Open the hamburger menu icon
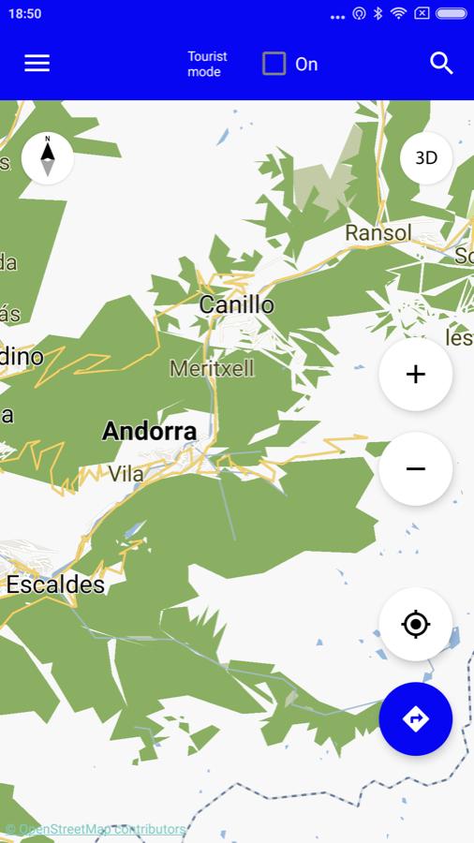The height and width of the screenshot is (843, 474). pos(37,63)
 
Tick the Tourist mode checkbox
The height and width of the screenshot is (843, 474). pos(274,64)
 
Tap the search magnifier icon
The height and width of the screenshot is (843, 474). pos(441,63)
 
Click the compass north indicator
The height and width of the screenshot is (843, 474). pos(47,157)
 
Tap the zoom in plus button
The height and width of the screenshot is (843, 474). pos(415,375)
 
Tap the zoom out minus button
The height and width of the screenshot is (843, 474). pos(415,468)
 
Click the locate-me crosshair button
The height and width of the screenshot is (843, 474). pos(415,624)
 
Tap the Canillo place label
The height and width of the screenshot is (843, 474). pos(236,304)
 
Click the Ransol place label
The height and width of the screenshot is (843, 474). pos(378,232)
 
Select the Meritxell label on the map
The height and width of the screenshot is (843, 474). pos(212,368)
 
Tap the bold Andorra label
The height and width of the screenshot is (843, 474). pos(149,432)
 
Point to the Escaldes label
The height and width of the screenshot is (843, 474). pos(55,585)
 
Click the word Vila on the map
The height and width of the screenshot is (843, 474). pos(126,474)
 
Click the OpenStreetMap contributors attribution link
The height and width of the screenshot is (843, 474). pos(96,829)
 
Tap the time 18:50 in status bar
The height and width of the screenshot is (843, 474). pos(25,14)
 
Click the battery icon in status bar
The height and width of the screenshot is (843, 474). pos(451,14)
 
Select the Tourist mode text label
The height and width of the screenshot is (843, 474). pos(207,64)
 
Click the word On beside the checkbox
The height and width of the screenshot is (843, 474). pos(306,64)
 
